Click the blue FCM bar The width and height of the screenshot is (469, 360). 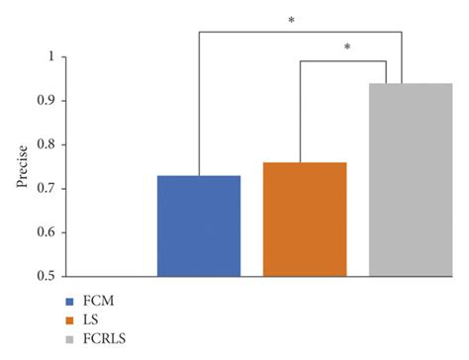coord(199,225)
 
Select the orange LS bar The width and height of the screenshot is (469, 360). coord(305,219)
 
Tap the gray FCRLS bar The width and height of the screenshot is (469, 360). coord(410,179)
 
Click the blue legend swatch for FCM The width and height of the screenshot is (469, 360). coord(70,300)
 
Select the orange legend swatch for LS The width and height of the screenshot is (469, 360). coord(70,319)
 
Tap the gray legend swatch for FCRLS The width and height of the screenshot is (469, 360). coord(70,339)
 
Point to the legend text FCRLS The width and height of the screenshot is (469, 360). coord(105,339)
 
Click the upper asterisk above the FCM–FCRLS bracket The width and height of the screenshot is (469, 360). coord(291,19)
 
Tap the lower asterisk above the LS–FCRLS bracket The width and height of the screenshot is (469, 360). coord(347,46)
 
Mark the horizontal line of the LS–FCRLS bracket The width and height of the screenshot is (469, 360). coord(343,60)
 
